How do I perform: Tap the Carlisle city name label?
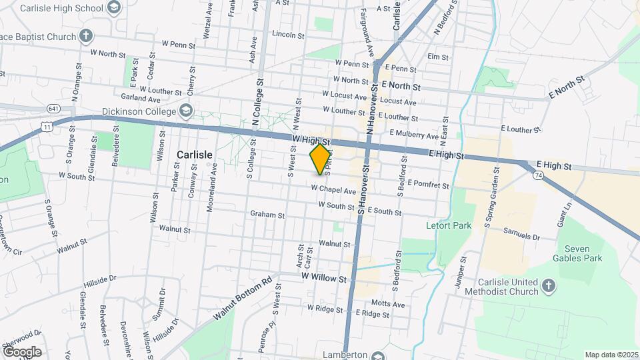(x=194, y=155)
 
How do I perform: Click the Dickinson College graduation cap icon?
(x=186, y=111)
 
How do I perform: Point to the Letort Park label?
(x=449, y=225)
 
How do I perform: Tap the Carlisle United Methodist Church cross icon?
(x=547, y=286)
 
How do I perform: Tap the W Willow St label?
(x=324, y=276)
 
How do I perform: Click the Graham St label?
(x=267, y=215)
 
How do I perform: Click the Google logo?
(x=22, y=351)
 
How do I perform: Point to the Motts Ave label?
(x=388, y=304)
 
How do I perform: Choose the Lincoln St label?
(x=288, y=34)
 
